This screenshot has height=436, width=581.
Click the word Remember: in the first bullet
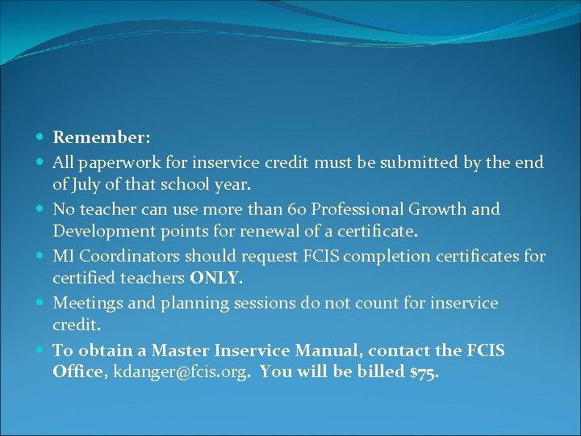point(102,139)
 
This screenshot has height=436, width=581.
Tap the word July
point(87,185)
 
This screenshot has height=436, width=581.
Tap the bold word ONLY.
point(215,279)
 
